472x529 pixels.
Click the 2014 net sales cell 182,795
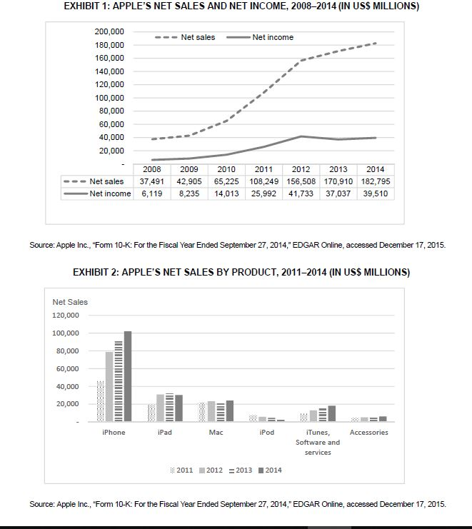pyautogui.click(x=374, y=181)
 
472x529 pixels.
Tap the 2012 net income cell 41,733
pyautogui.click(x=301, y=193)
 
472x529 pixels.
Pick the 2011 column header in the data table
pyautogui.click(x=263, y=169)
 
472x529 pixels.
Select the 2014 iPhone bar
pyautogui.click(x=128, y=376)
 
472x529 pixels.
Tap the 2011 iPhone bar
pyautogui.click(x=101, y=401)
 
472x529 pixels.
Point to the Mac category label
pyautogui.click(x=216, y=433)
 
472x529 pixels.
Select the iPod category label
pyautogui.click(x=266, y=433)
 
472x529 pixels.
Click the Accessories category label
pyautogui.click(x=368, y=433)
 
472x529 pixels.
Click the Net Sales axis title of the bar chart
pyautogui.click(x=70, y=302)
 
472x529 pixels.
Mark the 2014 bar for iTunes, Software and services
pyautogui.click(x=331, y=413)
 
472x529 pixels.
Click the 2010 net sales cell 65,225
pyautogui.click(x=226, y=181)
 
